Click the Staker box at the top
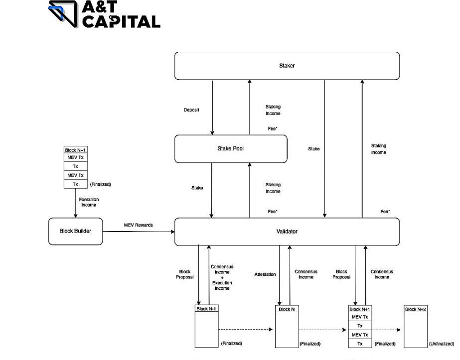(x=287, y=66)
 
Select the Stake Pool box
(x=231, y=148)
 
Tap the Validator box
(x=287, y=232)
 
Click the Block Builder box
(x=76, y=231)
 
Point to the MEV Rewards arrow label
(x=139, y=225)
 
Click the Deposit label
(x=191, y=110)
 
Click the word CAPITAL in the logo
(x=121, y=21)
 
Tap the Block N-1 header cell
(x=206, y=309)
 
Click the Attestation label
(x=265, y=274)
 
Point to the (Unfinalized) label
(x=442, y=344)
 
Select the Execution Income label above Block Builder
(x=88, y=202)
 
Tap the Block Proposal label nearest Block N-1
(x=185, y=274)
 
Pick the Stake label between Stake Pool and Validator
(x=197, y=188)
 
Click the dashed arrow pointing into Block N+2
(x=386, y=330)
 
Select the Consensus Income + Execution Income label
(x=222, y=277)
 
